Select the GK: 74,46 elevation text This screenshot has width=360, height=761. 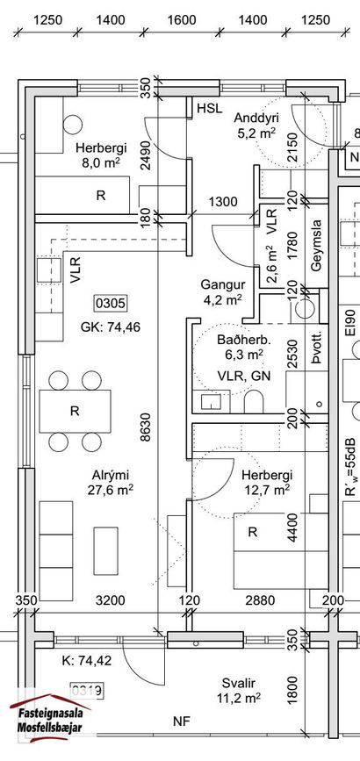[111, 327]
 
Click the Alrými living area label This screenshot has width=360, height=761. [111, 475]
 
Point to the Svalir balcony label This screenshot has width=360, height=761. [238, 684]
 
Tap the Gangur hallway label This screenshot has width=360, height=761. [222, 285]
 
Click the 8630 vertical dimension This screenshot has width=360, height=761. [145, 427]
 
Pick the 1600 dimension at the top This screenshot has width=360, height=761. [182, 20]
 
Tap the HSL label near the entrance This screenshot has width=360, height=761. [209, 108]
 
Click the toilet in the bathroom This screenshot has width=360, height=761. [253, 402]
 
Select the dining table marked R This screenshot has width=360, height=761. [75, 411]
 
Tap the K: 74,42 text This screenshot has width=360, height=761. [87, 660]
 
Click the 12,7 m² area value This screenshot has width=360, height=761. [266, 489]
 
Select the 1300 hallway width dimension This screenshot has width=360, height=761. [224, 201]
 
